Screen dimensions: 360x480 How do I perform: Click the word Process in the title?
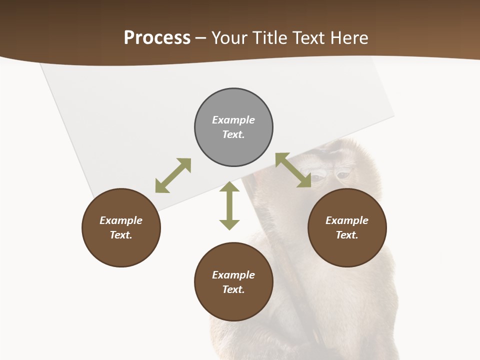[x=157, y=38]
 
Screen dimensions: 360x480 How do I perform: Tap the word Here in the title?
[x=348, y=38]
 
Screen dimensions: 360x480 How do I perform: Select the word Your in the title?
[x=228, y=38]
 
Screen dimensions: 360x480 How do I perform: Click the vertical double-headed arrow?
[x=229, y=205]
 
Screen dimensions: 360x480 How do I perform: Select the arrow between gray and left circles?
[x=173, y=175]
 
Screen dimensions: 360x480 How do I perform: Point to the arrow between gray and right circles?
[x=293, y=170]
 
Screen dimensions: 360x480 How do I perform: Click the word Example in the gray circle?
[x=233, y=120]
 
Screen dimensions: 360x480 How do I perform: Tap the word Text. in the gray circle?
[x=233, y=134]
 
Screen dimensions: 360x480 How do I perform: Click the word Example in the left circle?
[x=121, y=220]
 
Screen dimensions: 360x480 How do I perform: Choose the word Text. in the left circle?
[x=121, y=235]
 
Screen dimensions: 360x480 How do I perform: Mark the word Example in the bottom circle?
[x=233, y=275]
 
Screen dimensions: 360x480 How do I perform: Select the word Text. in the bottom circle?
[x=233, y=289]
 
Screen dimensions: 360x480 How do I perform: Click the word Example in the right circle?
[x=347, y=220]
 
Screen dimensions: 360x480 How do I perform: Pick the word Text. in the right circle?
[x=347, y=235]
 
